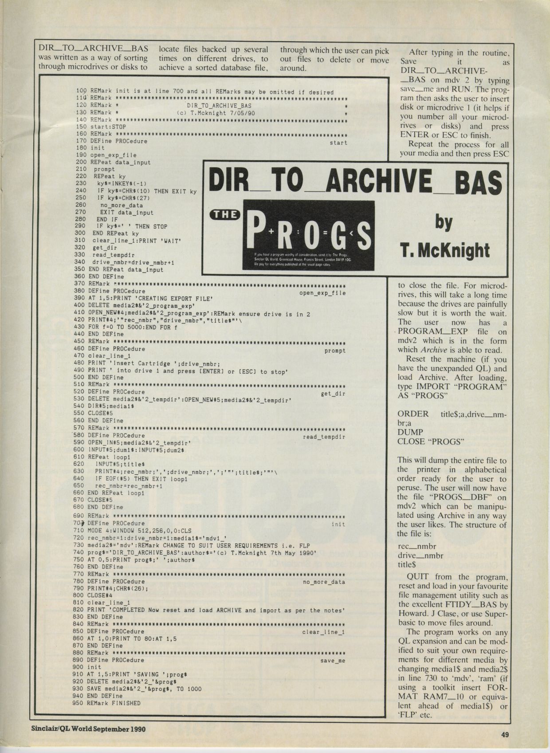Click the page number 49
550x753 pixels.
pos(505,734)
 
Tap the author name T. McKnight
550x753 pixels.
pos(445,250)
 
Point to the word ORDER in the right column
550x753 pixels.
pos(413,414)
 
